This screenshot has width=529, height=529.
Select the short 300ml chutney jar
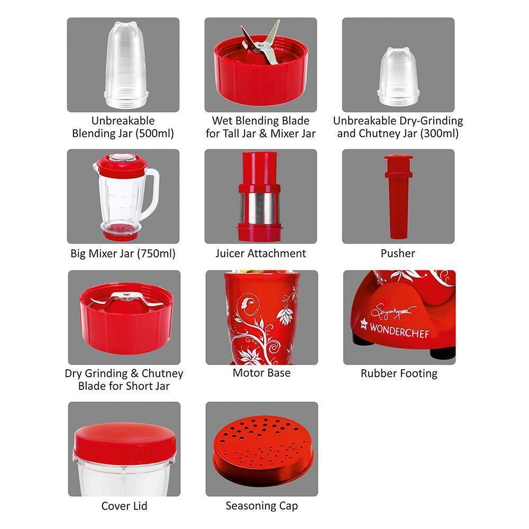coord(398,74)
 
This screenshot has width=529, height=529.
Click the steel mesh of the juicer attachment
coord(260,208)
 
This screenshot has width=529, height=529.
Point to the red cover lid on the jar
coord(124,440)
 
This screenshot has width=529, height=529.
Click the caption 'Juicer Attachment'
coord(260,253)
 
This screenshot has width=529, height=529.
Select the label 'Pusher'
coord(398,253)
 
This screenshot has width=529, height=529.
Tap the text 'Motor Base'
coord(261,373)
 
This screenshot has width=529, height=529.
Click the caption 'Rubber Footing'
coord(399,373)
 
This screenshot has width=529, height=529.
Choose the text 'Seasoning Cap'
coord(261,506)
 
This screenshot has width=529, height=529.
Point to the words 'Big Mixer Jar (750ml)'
coord(123,253)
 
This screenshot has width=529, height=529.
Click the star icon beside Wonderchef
coord(362,333)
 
